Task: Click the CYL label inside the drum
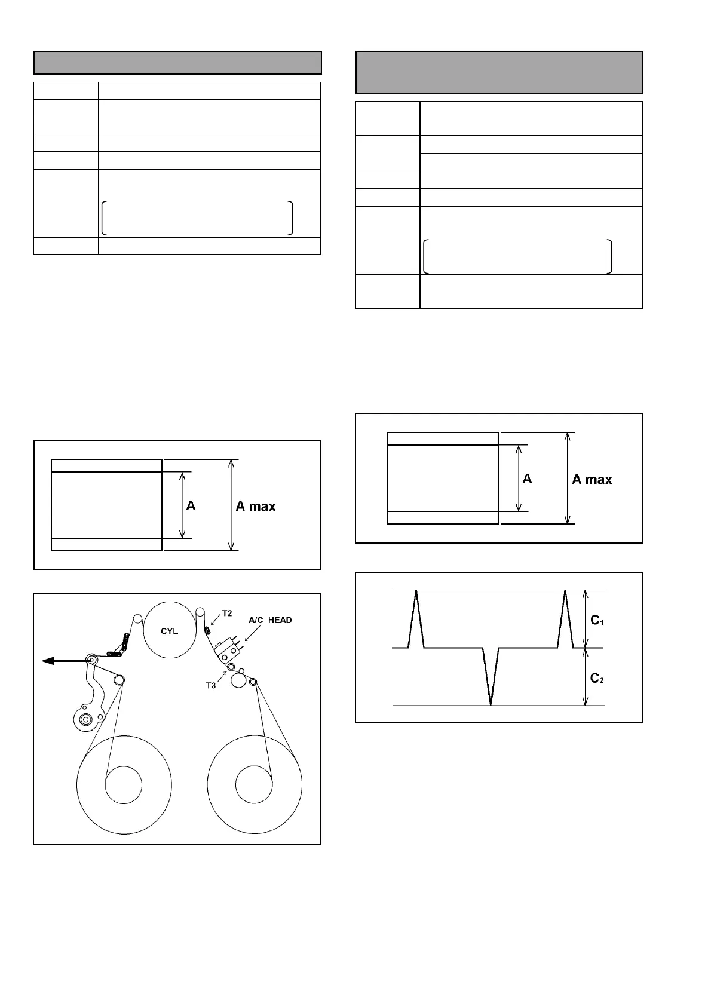coord(170,631)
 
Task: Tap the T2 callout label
coord(227,613)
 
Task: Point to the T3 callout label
coord(211,685)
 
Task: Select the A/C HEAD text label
coord(270,620)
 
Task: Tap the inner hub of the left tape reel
coord(124,784)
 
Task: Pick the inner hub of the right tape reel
coord(254,784)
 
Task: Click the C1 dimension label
coord(597,621)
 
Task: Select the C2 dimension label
coord(597,678)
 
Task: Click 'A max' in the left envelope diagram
coord(256,507)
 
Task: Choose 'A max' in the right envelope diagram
coord(592,479)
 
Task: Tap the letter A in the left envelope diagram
coord(191,506)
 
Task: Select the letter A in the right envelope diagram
coord(527,479)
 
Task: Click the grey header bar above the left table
coord(177,63)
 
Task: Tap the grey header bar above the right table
coord(499,72)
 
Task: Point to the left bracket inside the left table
coord(105,218)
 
